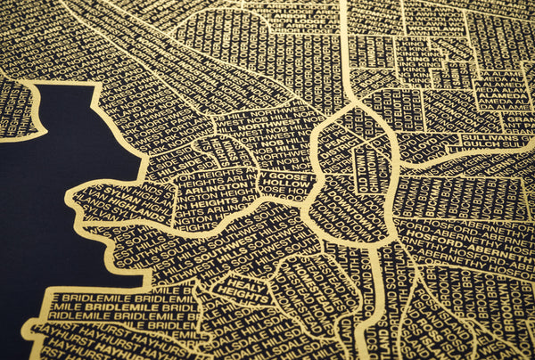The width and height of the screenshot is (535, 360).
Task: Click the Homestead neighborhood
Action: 308,285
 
